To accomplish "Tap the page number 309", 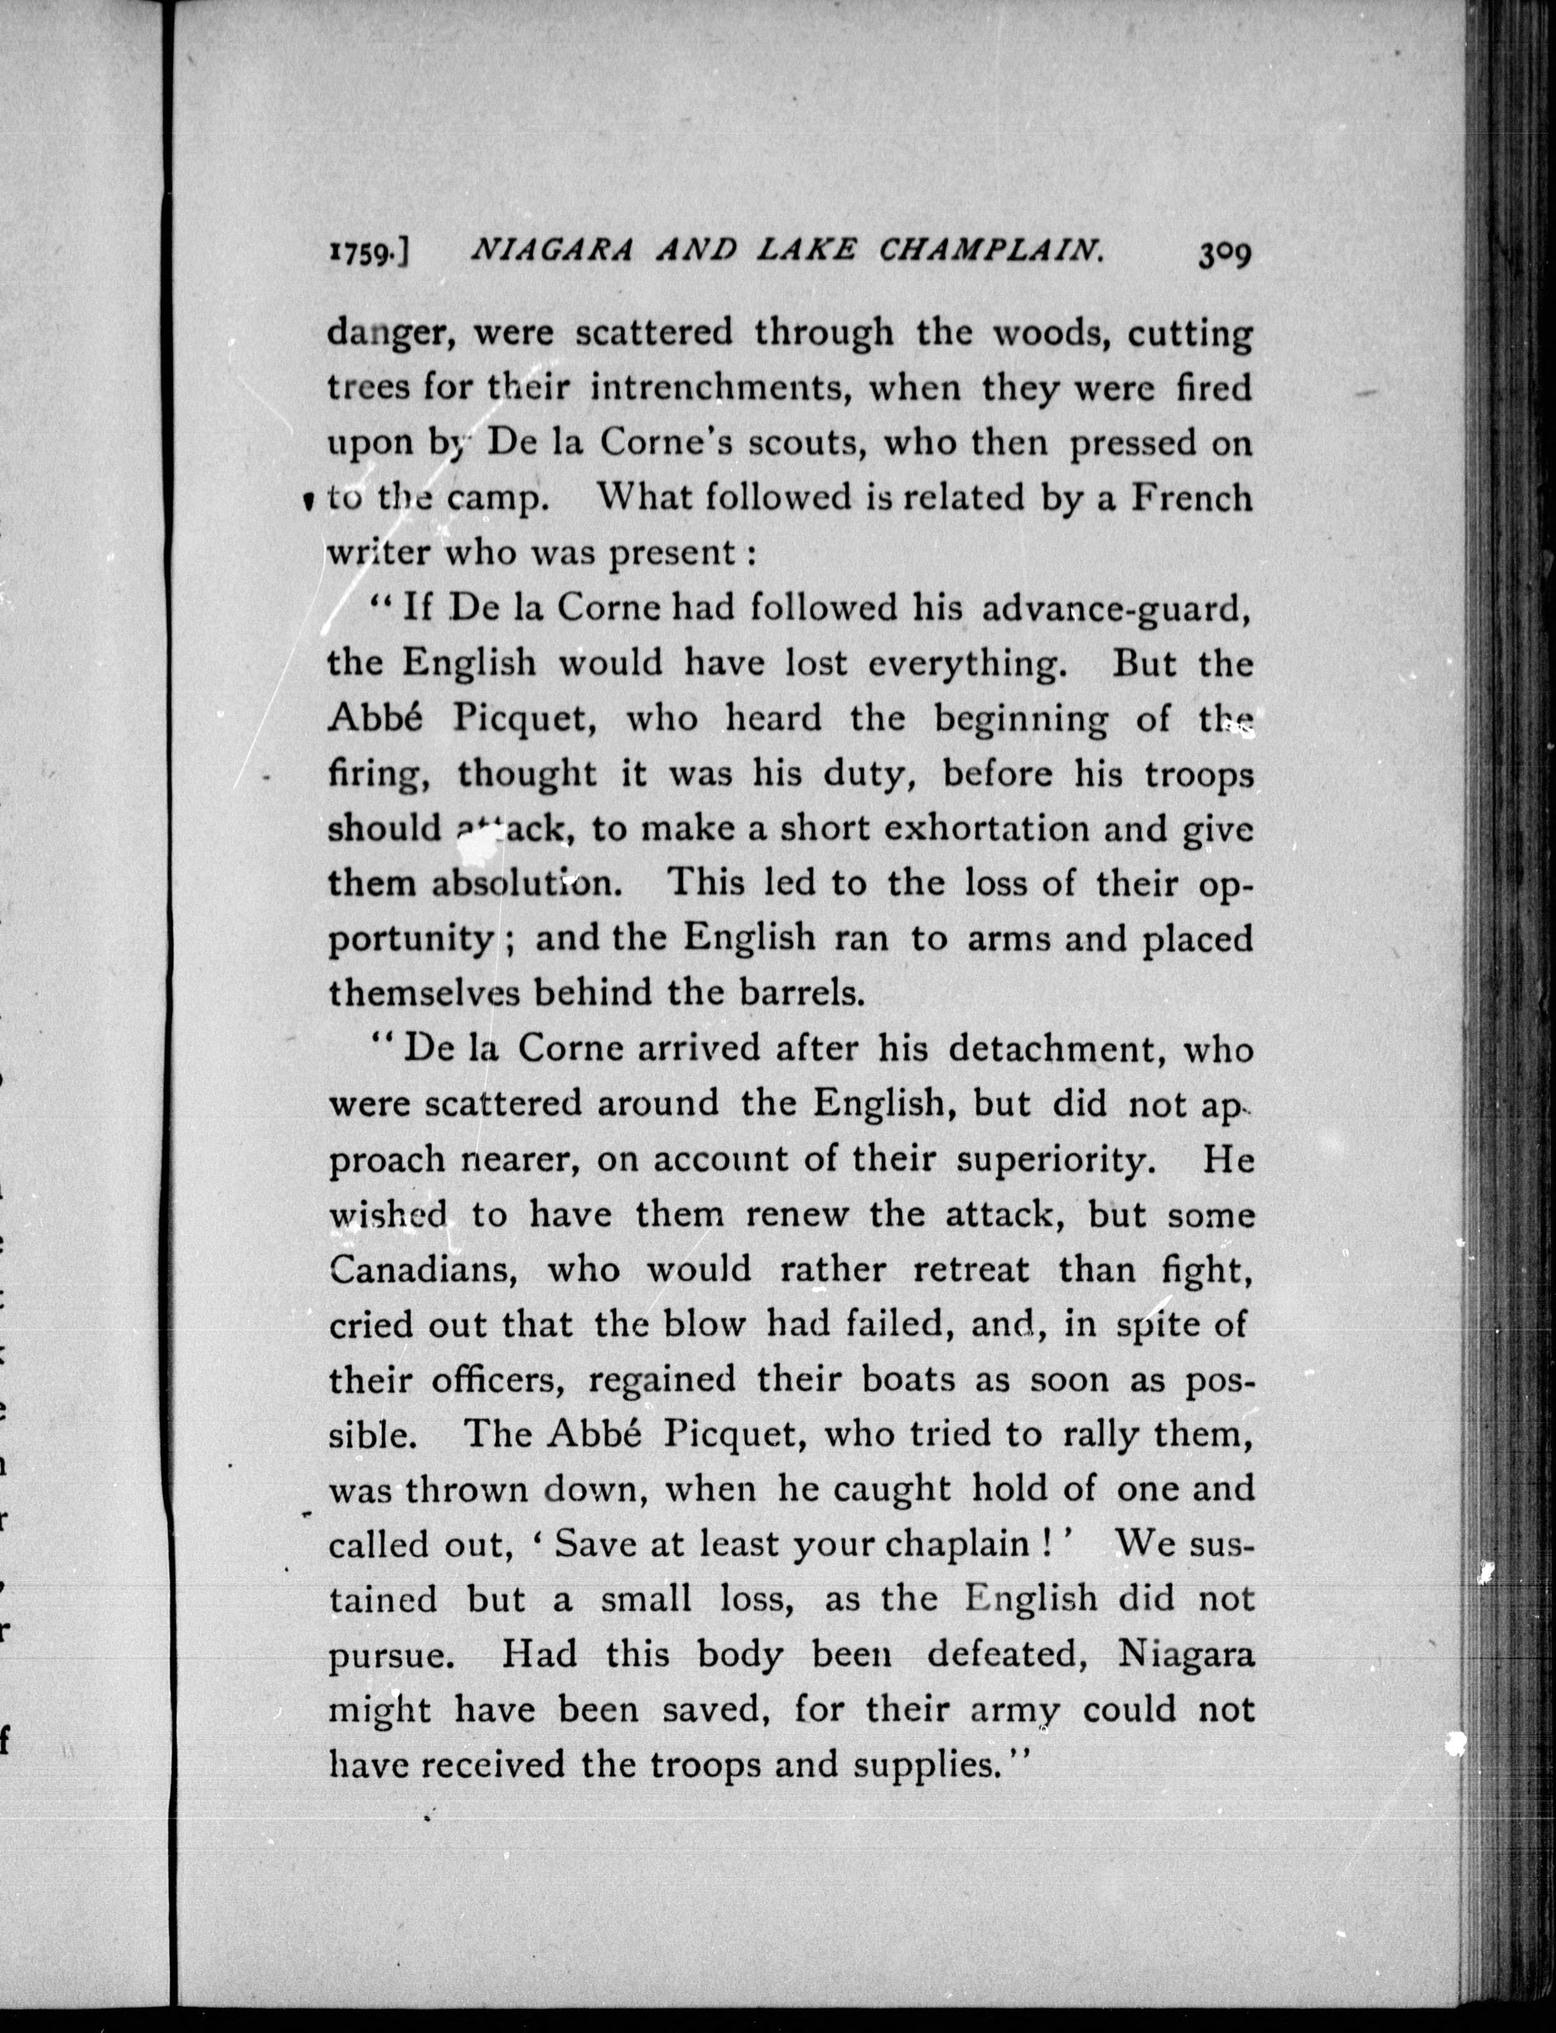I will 1224,253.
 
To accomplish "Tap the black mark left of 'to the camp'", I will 306,503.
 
